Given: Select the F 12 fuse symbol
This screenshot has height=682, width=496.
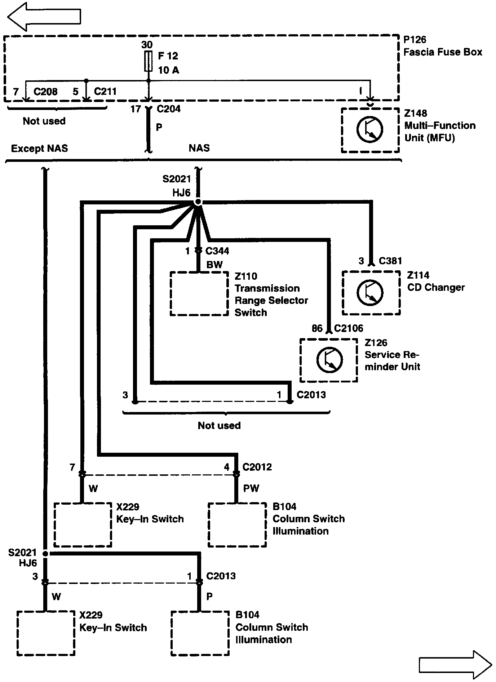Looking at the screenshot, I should coord(148,61).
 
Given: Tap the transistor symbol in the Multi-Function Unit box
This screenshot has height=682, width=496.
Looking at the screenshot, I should coord(370,129).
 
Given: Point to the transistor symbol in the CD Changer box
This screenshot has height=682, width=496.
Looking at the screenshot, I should coord(370,292).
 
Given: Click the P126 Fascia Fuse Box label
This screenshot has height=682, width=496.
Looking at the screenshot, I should coord(442,46).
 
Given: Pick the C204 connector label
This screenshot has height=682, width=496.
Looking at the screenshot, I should coord(168,108).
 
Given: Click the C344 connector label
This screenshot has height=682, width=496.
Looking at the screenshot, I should coord(217,251).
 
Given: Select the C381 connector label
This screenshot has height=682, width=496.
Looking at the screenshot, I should coord(390,261).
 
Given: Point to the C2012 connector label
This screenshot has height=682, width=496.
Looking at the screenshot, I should coord(257,467).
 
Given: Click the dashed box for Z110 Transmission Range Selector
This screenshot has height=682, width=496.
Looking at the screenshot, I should coord(199,293).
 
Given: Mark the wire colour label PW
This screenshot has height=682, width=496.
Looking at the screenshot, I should coord(251,488).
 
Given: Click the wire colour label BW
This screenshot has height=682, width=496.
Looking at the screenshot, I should coord(214,265).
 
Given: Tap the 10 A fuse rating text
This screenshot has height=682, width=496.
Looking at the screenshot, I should coord(168,70).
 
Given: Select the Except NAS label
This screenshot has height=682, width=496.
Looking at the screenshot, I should coord(39,148).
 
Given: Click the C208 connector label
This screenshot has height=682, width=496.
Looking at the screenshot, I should coord(45,92).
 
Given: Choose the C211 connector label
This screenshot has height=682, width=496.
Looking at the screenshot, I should coord(105,92).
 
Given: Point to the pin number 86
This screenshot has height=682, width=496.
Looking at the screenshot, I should coord(317,328).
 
